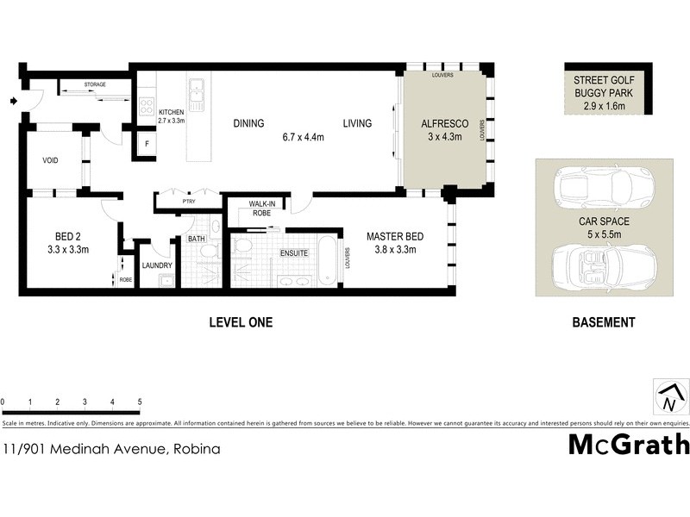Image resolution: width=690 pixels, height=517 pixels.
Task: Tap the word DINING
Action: click(248, 124)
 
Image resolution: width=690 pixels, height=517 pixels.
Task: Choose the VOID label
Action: click(50, 160)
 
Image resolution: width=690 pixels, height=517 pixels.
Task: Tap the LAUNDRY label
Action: click(158, 265)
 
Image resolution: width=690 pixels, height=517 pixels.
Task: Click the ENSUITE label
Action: click(293, 253)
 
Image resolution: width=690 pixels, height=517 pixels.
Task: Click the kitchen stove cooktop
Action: click(147, 108)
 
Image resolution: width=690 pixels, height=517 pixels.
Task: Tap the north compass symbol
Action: click(668, 398)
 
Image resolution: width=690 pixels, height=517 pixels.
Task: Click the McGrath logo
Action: click(629, 445)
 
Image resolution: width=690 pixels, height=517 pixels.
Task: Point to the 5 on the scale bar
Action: click(140, 402)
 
